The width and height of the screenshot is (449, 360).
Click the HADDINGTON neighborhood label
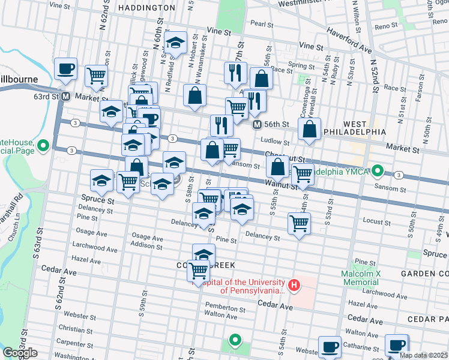[x=147, y=8]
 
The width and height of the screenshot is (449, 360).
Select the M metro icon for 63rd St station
[x=65, y=96]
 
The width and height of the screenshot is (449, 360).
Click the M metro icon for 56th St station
[x=257, y=124]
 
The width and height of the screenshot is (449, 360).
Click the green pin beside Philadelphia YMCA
[x=377, y=170]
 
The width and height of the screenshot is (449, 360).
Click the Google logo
[x=20, y=352]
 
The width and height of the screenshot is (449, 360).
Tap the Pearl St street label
[x=262, y=24]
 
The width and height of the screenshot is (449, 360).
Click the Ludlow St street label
[x=276, y=142]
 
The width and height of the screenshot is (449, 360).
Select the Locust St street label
[x=376, y=222]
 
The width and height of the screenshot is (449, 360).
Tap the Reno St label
[x=382, y=26]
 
